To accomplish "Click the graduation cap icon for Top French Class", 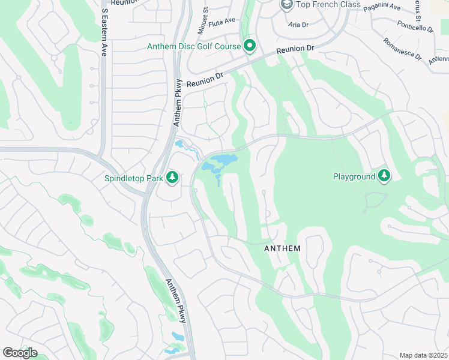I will click(x=286, y=5).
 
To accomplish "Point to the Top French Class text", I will click(x=329, y=5).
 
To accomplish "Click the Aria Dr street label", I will click(x=298, y=25).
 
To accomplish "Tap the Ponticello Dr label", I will click(x=415, y=27).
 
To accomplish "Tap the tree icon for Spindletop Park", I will click(x=172, y=177).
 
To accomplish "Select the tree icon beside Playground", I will click(x=384, y=176).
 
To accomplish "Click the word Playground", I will click(x=354, y=176).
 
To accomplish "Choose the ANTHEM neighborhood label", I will click(x=283, y=248).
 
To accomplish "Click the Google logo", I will click(x=20, y=352).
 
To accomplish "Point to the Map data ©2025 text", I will click(x=423, y=355).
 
